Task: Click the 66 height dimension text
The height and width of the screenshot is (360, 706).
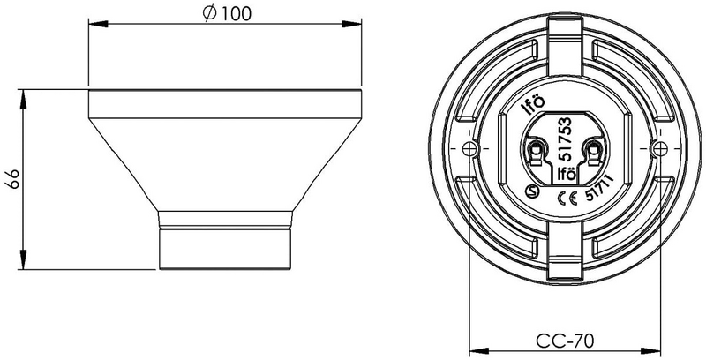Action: (x=13, y=179)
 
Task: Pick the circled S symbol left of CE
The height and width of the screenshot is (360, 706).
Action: (x=532, y=191)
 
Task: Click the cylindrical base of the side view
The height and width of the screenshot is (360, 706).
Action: (x=225, y=247)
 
